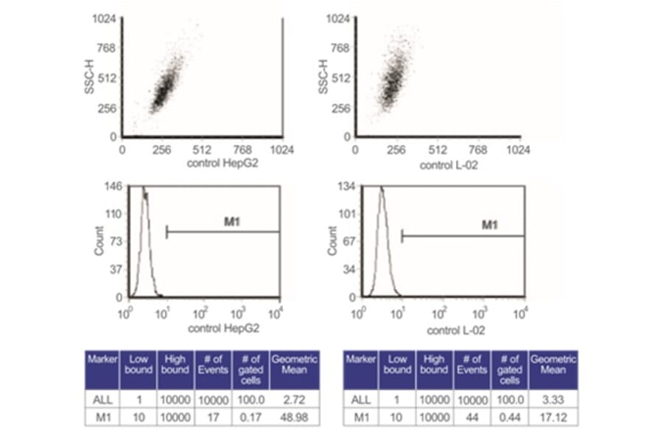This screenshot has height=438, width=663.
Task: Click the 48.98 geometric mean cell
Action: pos(295,417)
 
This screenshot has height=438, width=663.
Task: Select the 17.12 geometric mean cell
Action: pos(553,417)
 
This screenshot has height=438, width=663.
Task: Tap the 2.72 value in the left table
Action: pos(295,399)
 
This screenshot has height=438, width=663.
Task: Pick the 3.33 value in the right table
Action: pos(553,399)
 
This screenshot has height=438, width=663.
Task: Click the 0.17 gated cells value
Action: pos(250,417)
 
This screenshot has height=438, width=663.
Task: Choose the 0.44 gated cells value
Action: pos(509,417)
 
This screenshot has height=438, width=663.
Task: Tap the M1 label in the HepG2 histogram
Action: pos(233,220)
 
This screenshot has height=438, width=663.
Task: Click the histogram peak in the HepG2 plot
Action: pos(144,190)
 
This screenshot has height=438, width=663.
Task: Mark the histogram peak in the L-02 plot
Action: pos(381,191)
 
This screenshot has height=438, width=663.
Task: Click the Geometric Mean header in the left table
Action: pos(295,364)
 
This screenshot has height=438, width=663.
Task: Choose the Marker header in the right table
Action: pos(360,359)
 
